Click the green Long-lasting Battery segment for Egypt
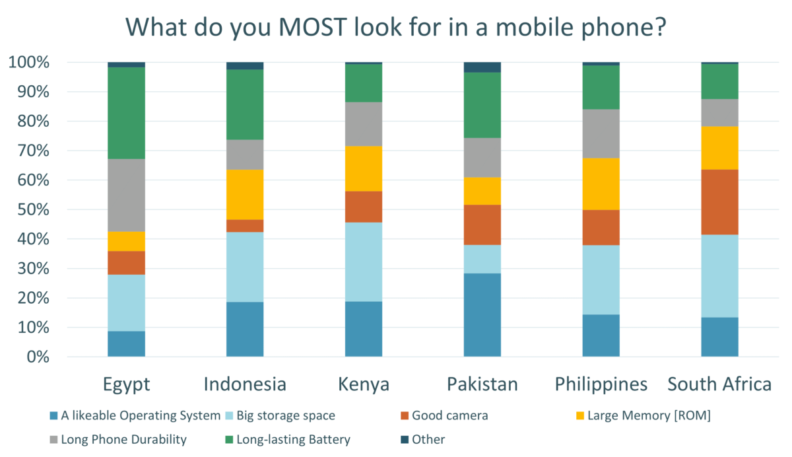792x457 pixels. coord(126,113)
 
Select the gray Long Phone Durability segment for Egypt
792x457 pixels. coord(126,195)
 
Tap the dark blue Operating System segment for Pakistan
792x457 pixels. coord(482,314)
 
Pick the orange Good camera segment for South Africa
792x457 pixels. coord(719,202)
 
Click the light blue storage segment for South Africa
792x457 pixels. coord(719,275)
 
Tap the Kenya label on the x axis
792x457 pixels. coord(364,384)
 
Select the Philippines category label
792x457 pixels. coord(601,384)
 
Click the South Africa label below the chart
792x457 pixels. coord(719,384)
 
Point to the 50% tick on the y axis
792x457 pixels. coord(29,209)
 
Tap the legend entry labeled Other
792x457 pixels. coord(428,439)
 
